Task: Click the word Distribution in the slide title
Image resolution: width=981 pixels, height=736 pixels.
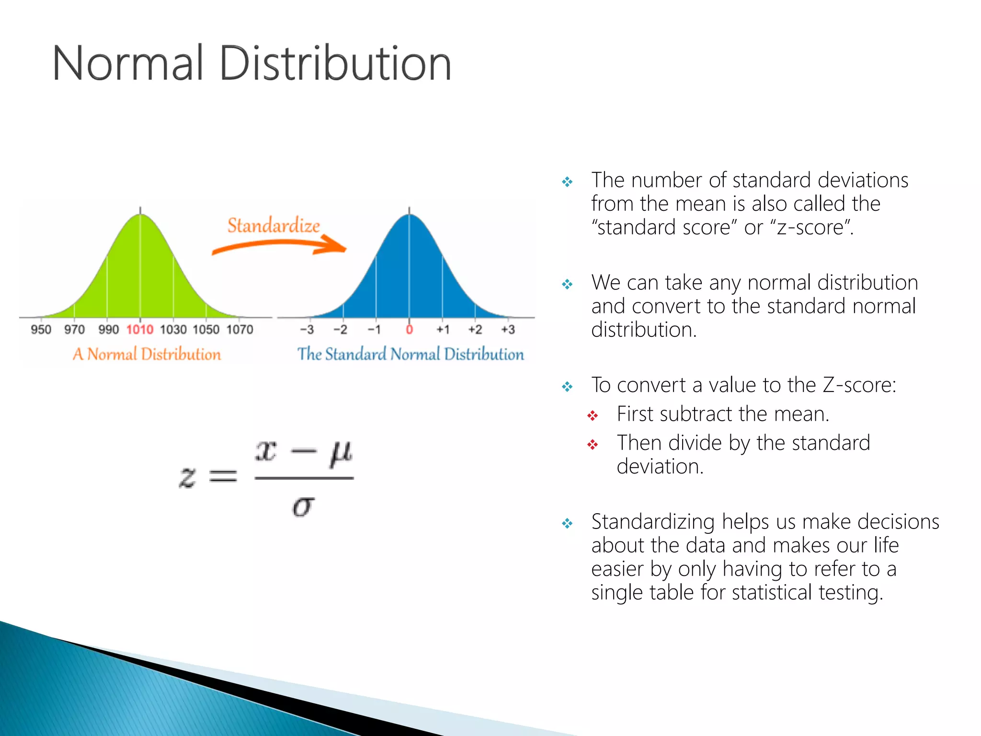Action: [x=335, y=63]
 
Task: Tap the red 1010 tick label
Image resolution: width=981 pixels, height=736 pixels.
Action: [x=140, y=330]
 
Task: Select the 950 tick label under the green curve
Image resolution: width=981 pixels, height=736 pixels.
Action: [x=41, y=330]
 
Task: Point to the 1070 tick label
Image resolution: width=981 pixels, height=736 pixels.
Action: [x=240, y=330]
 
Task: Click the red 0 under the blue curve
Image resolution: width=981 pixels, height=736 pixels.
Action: [x=409, y=330]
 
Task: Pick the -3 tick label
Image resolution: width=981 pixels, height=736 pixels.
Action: [x=307, y=330]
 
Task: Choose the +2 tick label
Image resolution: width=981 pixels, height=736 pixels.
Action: [x=475, y=330]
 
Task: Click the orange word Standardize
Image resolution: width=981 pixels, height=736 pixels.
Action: [x=274, y=225]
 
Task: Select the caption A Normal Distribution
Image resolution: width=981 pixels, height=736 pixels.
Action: [x=147, y=354]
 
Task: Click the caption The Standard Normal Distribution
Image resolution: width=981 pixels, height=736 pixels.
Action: [x=411, y=354]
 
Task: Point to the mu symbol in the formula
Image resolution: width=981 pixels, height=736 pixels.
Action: [x=341, y=453]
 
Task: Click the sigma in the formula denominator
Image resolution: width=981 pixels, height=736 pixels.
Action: [x=303, y=506]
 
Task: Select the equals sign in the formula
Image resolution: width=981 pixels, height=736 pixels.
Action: [x=223, y=476]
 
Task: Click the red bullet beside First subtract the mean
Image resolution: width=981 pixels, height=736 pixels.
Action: [x=593, y=415]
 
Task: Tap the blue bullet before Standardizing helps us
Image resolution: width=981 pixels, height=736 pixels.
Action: [x=567, y=523]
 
